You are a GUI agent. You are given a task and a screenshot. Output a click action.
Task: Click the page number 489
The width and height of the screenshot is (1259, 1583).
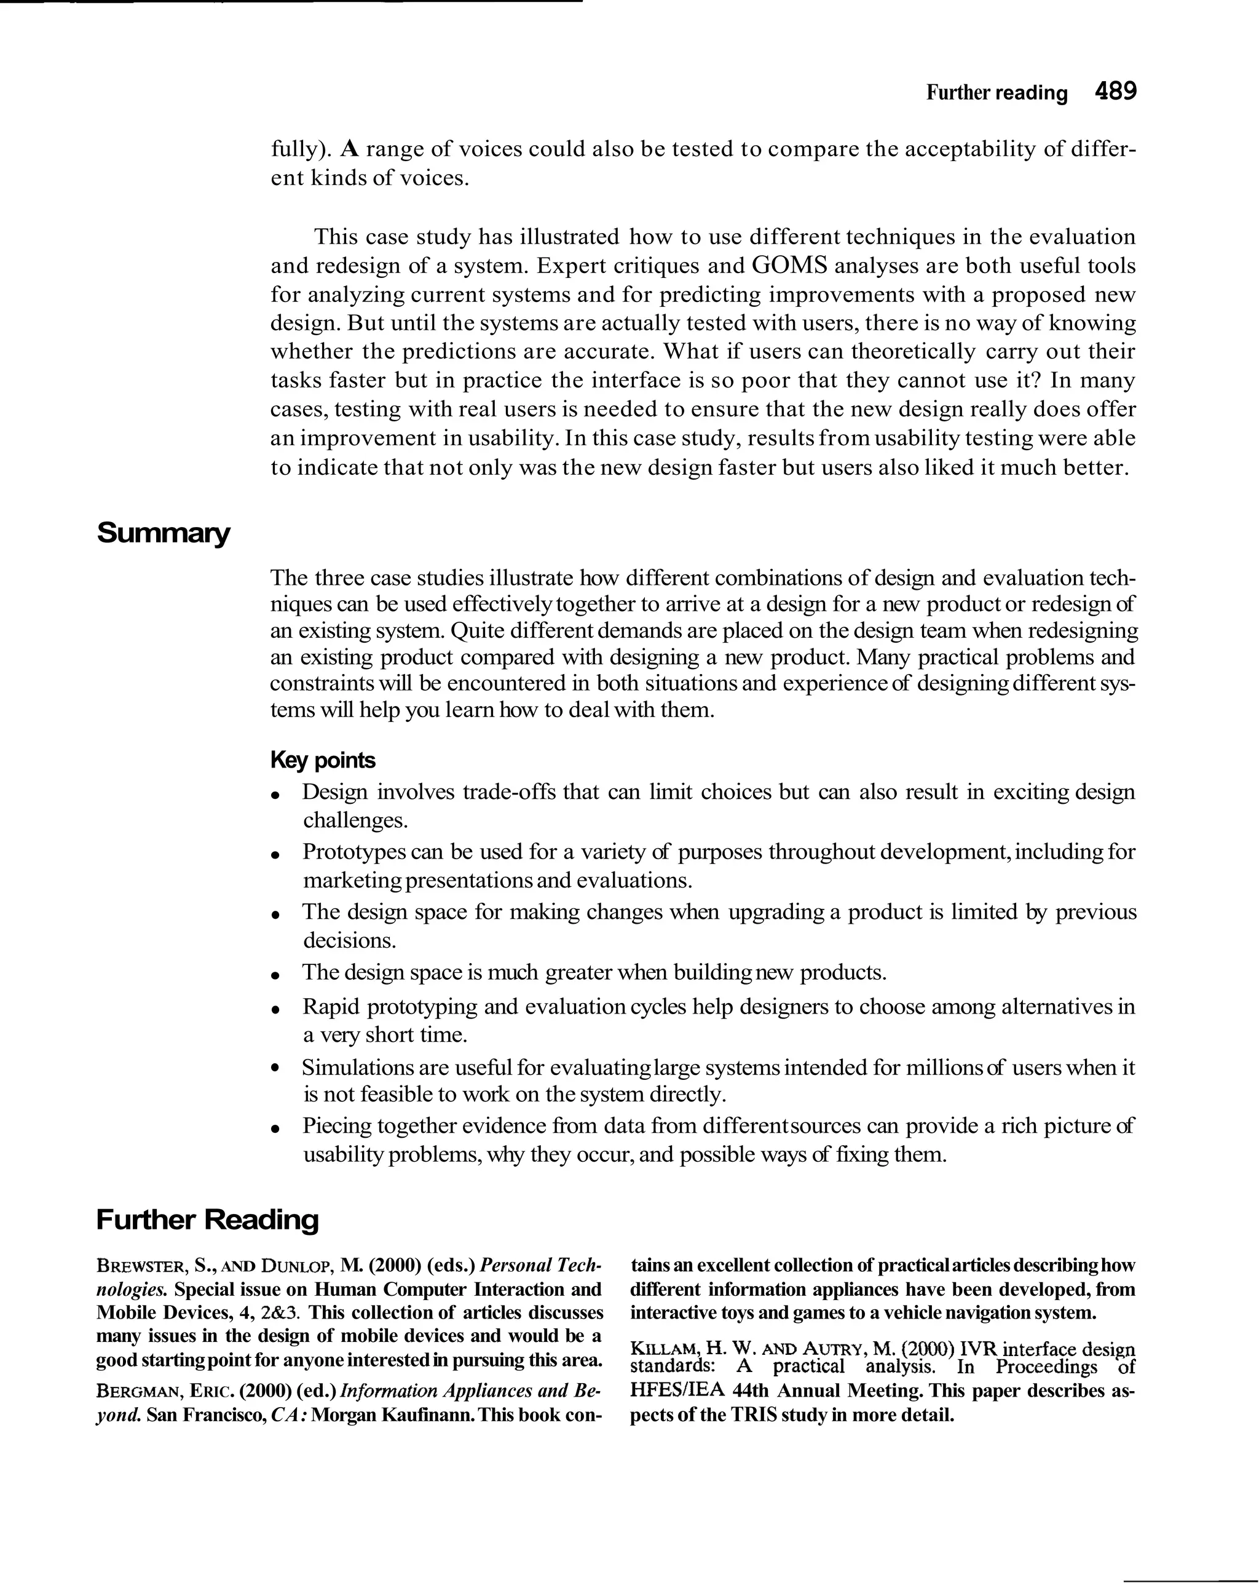[x=1115, y=91]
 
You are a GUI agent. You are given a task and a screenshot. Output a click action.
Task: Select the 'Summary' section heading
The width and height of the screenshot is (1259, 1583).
[x=163, y=533]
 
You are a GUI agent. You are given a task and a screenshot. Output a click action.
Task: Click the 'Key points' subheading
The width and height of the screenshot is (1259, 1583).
[x=322, y=760]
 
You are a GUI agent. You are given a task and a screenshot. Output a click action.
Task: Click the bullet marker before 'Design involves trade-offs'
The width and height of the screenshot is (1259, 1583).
[x=275, y=795]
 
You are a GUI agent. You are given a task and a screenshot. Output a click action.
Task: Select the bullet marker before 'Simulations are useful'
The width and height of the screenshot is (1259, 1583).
[x=275, y=1069]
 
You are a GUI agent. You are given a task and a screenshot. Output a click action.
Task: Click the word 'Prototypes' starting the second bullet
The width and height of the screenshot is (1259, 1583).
[x=354, y=852]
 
